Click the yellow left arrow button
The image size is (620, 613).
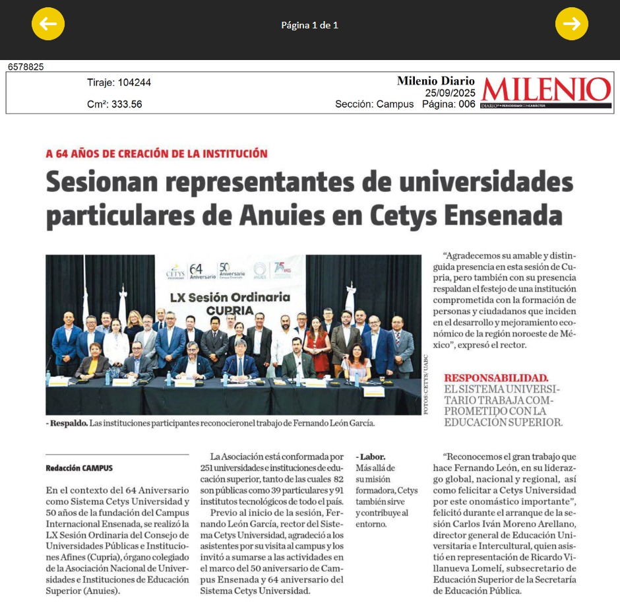(48, 24)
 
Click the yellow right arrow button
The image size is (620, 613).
(571, 24)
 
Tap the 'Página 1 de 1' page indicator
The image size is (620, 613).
(309, 26)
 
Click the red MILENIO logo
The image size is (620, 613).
(545, 91)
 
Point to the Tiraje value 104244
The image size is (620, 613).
(134, 82)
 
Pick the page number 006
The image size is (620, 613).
(466, 104)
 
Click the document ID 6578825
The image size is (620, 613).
(26, 67)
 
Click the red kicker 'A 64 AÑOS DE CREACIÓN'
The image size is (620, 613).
(156, 154)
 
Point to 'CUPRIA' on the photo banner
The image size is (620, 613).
(229, 310)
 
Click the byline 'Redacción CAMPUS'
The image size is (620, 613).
(79, 468)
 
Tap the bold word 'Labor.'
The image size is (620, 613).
(373, 457)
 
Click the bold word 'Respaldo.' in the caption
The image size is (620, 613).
(68, 423)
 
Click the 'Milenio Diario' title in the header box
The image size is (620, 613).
(435, 81)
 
